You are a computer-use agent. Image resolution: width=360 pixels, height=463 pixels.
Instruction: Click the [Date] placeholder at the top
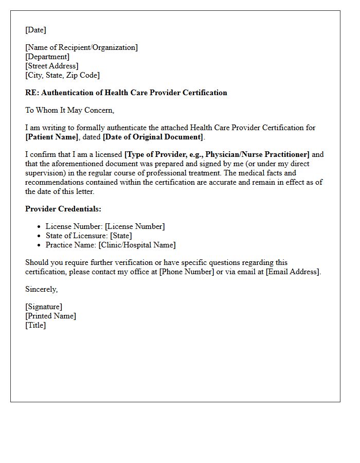[35, 30]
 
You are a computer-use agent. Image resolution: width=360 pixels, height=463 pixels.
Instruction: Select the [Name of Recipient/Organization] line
[81, 47]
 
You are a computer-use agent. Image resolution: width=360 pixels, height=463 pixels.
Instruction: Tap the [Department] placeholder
[47, 57]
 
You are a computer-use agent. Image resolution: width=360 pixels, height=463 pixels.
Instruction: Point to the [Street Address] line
[52, 66]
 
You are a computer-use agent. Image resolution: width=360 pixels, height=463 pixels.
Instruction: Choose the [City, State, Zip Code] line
[62, 75]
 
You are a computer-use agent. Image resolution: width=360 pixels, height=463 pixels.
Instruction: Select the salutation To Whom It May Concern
[69, 110]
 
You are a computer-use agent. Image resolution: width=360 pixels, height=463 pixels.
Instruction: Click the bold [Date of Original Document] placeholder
[153, 137]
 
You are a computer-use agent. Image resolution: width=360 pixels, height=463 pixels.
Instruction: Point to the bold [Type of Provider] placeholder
[217, 154]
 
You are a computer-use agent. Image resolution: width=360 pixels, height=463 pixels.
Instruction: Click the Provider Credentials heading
[63, 209]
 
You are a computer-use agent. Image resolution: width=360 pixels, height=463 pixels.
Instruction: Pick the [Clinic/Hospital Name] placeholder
[137, 245]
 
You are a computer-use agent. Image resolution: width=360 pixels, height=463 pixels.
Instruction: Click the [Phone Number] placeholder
[186, 272]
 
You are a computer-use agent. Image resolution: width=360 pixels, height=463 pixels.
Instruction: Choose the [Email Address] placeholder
[292, 272]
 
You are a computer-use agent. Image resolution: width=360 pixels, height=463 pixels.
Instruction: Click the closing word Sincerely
[41, 289]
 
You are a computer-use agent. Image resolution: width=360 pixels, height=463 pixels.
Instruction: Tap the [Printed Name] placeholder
[50, 316]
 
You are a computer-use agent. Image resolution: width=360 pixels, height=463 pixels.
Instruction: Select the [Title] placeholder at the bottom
[35, 325]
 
